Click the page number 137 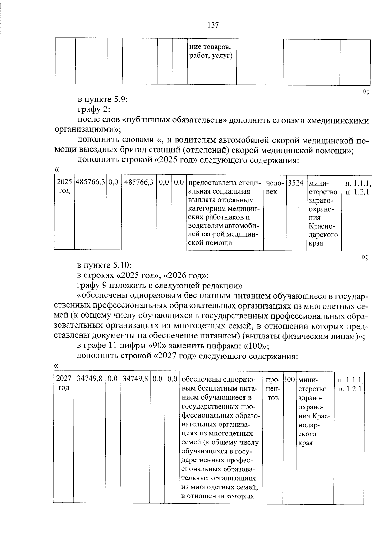[x=213, y=25]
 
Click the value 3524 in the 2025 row [x=296, y=183]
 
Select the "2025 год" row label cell [x=64, y=187]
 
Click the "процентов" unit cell [x=273, y=389]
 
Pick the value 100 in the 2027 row [x=289, y=380]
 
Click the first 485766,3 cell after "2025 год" [x=90, y=183]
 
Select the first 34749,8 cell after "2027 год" [x=89, y=379]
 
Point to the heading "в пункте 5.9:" [x=103, y=100]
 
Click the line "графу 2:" [x=94, y=110]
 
